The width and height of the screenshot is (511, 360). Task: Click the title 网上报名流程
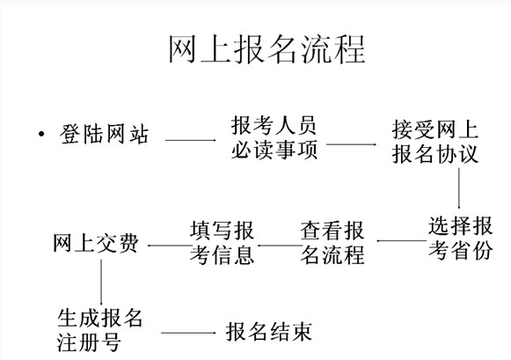point(266,49)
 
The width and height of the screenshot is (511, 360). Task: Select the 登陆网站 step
point(104,134)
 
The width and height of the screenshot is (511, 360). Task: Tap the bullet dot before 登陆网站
point(41,134)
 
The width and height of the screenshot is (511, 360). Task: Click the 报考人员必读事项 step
point(274,137)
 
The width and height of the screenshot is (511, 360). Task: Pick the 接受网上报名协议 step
point(435,142)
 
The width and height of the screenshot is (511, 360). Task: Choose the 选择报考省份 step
point(461,238)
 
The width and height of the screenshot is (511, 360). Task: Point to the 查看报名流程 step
point(332,243)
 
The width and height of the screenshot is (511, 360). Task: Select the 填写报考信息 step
point(222,243)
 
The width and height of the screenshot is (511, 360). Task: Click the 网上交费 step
point(96,243)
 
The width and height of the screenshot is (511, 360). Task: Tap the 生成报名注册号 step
point(99,330)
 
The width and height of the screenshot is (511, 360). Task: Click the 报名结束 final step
point(269,333)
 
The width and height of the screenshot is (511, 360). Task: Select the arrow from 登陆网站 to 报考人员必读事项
point(191,140)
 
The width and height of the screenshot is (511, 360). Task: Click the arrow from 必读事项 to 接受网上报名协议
point(351,144)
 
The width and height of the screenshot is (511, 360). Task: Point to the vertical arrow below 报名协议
point(459,188)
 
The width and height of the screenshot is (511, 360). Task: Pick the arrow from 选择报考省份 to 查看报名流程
point(401,241)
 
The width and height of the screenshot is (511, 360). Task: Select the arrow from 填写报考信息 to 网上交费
point(169,246)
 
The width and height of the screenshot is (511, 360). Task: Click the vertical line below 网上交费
point(101,282)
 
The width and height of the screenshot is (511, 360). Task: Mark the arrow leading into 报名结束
point(188,333)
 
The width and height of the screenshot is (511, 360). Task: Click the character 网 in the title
point(183,49)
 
